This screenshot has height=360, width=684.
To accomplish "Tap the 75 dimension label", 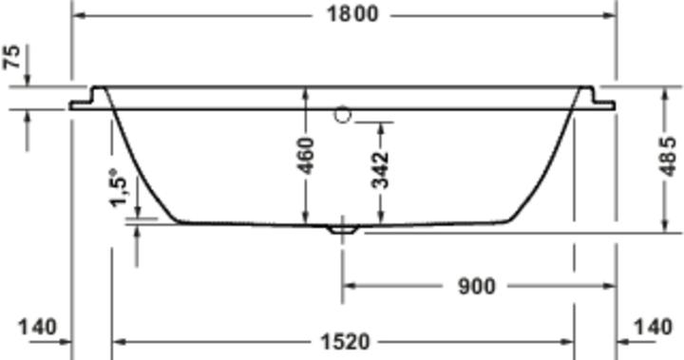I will pyautogui.click(x=13, y=57).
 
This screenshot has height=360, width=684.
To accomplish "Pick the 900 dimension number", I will pyautogui.click(x=476, y=285).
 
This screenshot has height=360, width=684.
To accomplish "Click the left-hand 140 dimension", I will pyautogui.click(x=36, y=328).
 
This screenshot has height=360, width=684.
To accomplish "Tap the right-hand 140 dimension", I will pyautogui.click(x=653, y=328).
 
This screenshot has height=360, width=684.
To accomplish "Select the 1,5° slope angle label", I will pyautogui.click(x=119, y=187).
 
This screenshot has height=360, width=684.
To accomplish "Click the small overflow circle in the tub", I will pyautogui.click(x=343, y=115).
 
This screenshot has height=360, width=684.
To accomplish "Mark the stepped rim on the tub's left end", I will pyautogui.click(x=87, y=99).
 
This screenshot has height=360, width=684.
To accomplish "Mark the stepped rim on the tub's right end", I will pyautogui.click(x=599, y=99).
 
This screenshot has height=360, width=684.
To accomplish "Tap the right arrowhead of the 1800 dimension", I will pyautogui.click(x=610, y=15).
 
